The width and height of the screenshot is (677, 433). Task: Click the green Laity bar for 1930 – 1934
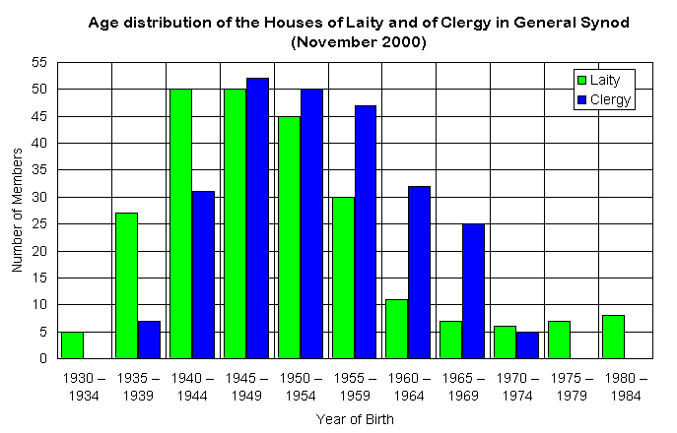click(x=72, y=344)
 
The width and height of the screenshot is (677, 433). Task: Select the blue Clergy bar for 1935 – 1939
click(x=149, y=340)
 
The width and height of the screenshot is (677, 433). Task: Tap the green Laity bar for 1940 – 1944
click(x=180, y=223)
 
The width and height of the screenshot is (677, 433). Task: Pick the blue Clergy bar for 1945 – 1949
click(x=257, y=217)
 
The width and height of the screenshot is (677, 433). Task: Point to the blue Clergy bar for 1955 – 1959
click(x=365, y=231)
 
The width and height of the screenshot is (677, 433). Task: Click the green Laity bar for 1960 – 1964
click(x=396, y=329)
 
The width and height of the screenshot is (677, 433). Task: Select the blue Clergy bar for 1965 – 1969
click(x=473, y=290)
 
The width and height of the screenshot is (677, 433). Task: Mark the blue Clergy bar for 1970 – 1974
click(x=527, y=344)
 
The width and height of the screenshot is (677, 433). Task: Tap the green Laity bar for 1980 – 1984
click(x=612, y=337)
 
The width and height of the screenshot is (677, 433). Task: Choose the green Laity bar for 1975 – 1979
click(x=559, y=340)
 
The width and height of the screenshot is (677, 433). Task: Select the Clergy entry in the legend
click(x=602, y=99)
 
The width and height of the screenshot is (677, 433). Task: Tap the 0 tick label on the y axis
click(x=43, y=358)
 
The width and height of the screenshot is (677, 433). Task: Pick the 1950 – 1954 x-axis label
click(x=300, y=386)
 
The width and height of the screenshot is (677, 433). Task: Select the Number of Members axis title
click(x=17, y=210)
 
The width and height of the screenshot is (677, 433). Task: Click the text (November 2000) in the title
click(x=359, y=42)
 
